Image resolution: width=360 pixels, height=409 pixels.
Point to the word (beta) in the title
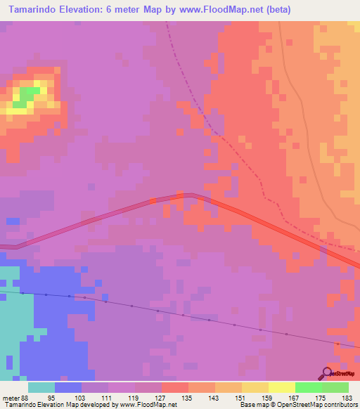276,10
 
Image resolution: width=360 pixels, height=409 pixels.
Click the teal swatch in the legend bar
41,387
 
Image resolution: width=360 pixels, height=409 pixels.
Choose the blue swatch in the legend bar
67,387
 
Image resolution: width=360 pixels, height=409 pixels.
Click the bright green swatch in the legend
308,387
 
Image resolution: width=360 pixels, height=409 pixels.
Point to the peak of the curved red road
186,196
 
